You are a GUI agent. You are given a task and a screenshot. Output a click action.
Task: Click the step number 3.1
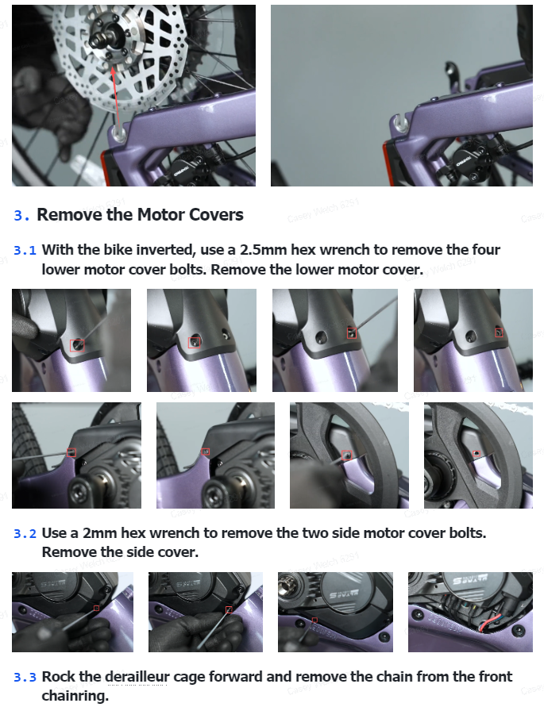[25, 250]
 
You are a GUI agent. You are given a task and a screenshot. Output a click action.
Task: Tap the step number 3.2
[25, 533]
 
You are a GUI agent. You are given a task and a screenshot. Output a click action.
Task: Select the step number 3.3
[25, 677]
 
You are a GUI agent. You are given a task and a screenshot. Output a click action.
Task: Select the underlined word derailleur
[137, 677]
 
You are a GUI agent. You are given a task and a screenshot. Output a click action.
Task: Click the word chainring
[75, 696]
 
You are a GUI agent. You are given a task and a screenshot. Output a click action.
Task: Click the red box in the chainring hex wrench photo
[347, 455]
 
